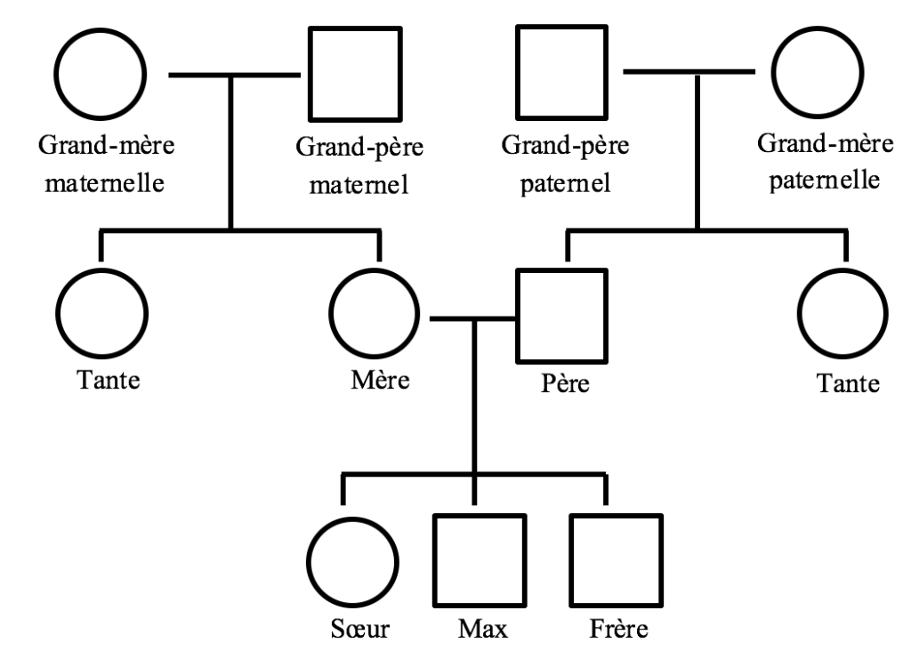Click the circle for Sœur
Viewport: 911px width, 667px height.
point(352,559)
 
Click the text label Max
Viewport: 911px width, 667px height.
point(483,631)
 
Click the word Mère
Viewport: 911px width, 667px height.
point(379,382)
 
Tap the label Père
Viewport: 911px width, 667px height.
point(565,386)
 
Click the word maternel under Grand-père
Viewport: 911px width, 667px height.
point(367,186)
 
